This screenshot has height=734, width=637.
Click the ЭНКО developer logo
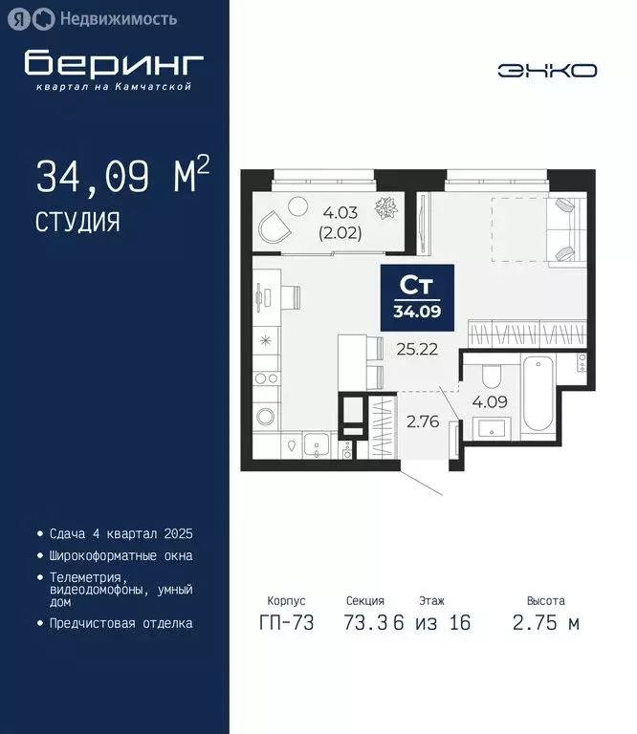pos(547,70)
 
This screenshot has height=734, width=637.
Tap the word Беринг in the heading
pos(114,63)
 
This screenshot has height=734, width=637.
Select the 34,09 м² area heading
pos(121,177)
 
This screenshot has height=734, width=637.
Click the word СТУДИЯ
pos(77,223)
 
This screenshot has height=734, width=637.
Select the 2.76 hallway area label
pos(422,421)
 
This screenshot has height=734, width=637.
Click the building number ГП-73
pos(287,623)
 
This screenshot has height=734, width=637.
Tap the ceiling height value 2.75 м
pos(545,623)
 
